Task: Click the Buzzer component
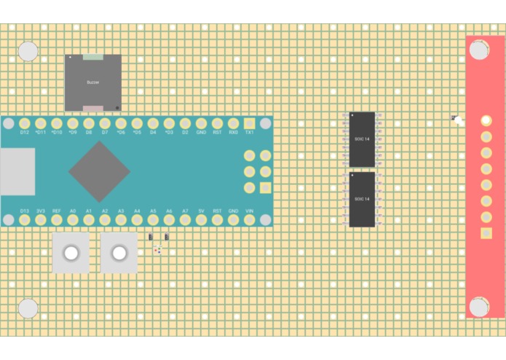(92, 82)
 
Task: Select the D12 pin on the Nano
(24, 124)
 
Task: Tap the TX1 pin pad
(249, 124)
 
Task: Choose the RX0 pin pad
(233, 124)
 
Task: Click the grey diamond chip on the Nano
(99, 172)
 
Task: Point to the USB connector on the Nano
(16, 172)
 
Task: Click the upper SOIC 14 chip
(362, 139)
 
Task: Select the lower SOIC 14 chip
(362, 199)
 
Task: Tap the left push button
(71, 253)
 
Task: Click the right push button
(119, 253)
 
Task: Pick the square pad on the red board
(486, 233)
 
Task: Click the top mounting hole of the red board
(478, 50)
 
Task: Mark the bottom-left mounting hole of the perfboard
(28, 308)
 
